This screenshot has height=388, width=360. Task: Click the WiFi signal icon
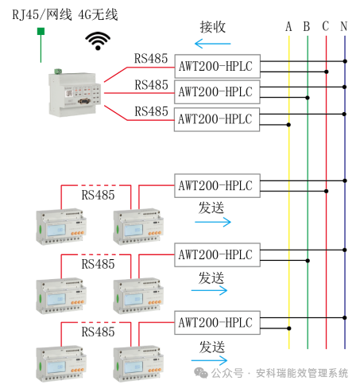click(x=98, y=41)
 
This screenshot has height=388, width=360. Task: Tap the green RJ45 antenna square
click(x=41, y=31)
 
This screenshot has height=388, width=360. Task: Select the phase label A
click(x=288, y=26)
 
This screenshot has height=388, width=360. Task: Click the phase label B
click(x=307, y=26)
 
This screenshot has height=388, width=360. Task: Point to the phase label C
click(x=326, y=26)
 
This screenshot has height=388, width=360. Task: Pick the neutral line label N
click(x=344, y=26)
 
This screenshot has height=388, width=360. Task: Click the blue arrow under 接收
click(x=213, y=44)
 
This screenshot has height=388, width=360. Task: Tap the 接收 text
click(x=213, y=27)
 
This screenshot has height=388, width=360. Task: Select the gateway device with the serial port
click(x=75, y=93)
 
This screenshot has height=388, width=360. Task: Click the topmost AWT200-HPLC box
click(x=217, y=66)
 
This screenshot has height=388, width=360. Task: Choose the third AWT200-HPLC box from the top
click(x=217, y=119)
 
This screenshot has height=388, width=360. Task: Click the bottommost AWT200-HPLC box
click(x=217, y=323)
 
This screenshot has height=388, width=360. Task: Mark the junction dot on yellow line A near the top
click(x=288, y=125)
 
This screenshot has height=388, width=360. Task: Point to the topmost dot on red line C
click(x=327, y=72)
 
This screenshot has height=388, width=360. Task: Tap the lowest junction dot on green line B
click(x=308, y=261)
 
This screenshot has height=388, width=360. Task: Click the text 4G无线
click(x=98, y=14)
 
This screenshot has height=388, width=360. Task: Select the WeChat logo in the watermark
click(x=201, y=373)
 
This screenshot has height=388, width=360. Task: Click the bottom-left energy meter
click(x=61, y=363)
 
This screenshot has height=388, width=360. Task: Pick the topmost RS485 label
click(x=151, y=59)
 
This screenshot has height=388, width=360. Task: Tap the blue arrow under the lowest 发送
click(x=209, y=360)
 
